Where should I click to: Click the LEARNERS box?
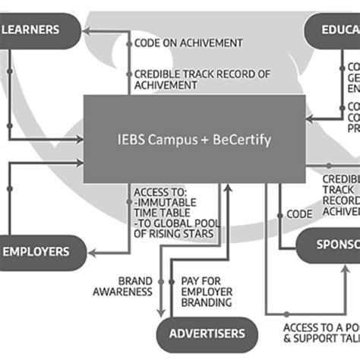click(38, 30)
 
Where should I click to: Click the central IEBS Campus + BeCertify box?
click(194, 140)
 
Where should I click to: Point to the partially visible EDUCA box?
click(333, 31)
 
